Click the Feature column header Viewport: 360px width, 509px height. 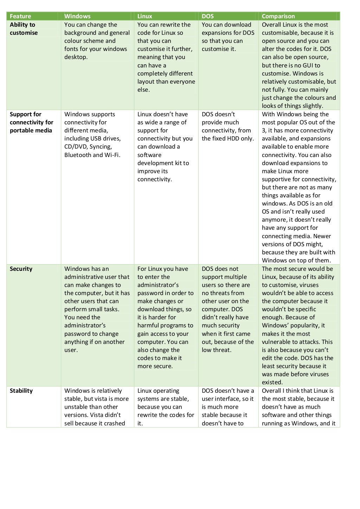(x=20, y=16)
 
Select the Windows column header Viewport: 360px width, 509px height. (x=77, y=16)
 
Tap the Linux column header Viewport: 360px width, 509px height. (x=145, y=16)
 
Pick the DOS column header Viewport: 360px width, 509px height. (x=208, y=16)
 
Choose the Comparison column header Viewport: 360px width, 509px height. (x=278, y=16)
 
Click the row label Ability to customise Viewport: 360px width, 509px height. (x=23, y=29)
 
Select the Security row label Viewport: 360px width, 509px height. (x=21, y=269)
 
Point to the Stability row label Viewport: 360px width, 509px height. (x=21, y=391)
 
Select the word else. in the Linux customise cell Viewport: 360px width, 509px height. (x=143, y=90)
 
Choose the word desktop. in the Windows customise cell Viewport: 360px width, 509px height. (x=76, y=57)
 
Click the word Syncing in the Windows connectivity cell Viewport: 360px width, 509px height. (x=102, y=147)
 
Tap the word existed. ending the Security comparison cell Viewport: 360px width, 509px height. (x=272, y=383)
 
